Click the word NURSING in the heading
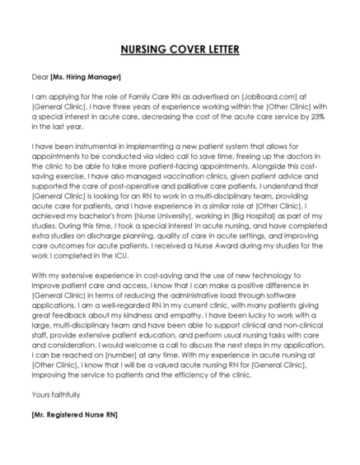click(x=140, y=49)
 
